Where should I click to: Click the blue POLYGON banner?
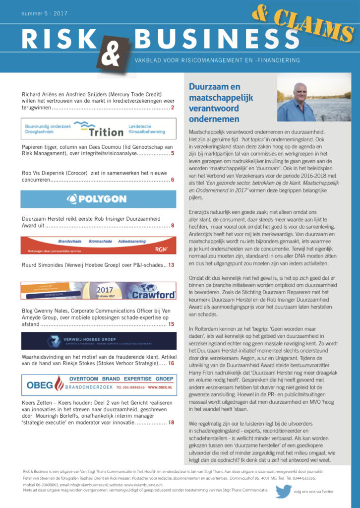click(98, 199)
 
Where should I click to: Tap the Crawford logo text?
click(153, 295)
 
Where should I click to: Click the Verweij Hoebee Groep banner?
click(98, 341)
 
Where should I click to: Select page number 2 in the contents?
click(172, 108)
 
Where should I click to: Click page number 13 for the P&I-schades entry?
click(171, 265)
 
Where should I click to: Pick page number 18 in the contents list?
click(171, 423)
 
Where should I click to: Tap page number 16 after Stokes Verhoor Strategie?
click(171, 364)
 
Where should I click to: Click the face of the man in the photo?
click(299, 91)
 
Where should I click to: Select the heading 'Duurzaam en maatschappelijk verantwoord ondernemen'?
click(214, 103)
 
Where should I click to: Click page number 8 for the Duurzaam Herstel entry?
click(172, 226)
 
